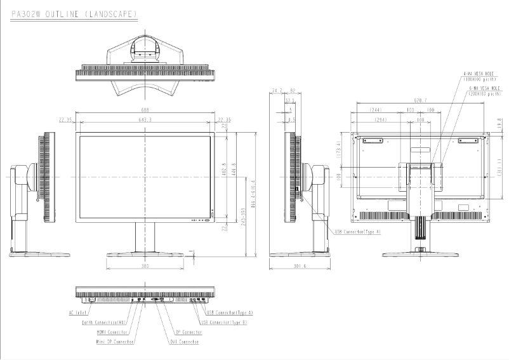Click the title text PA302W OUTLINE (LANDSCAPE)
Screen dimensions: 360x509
75,13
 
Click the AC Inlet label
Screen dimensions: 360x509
78,312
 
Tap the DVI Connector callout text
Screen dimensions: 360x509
185,342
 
